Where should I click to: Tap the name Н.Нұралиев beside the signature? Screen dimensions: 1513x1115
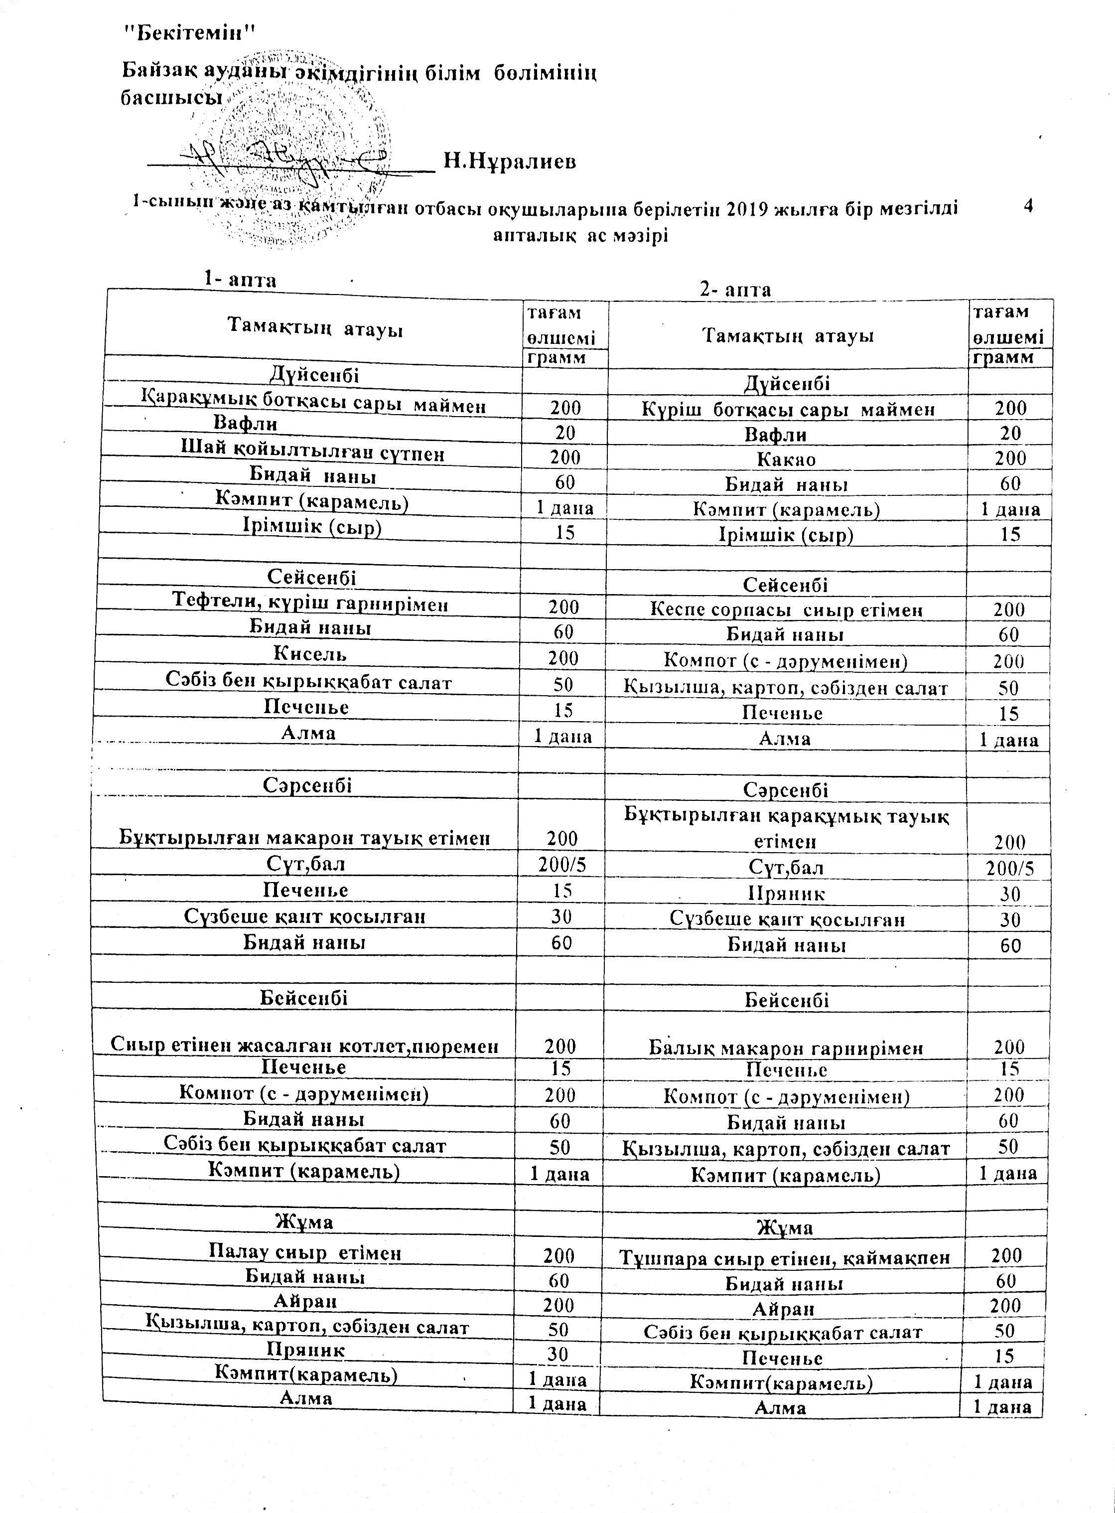(x=510, y=162)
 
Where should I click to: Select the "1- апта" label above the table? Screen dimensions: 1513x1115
(x=241, y=279)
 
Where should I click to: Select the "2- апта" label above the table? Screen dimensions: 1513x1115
(x=735, y=290)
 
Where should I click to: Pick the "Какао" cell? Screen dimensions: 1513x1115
(x=786, y=459)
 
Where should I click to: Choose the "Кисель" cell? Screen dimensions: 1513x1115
(x=310, y=653)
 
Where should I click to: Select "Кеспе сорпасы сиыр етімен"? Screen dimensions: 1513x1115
(x=786, y=609)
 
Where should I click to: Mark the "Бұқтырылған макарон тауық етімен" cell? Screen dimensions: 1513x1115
(x=304, y=838)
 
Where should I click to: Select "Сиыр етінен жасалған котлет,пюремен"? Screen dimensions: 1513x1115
(x=305, y=1046)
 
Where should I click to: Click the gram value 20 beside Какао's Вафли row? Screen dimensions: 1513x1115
(x=1010, y=434)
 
